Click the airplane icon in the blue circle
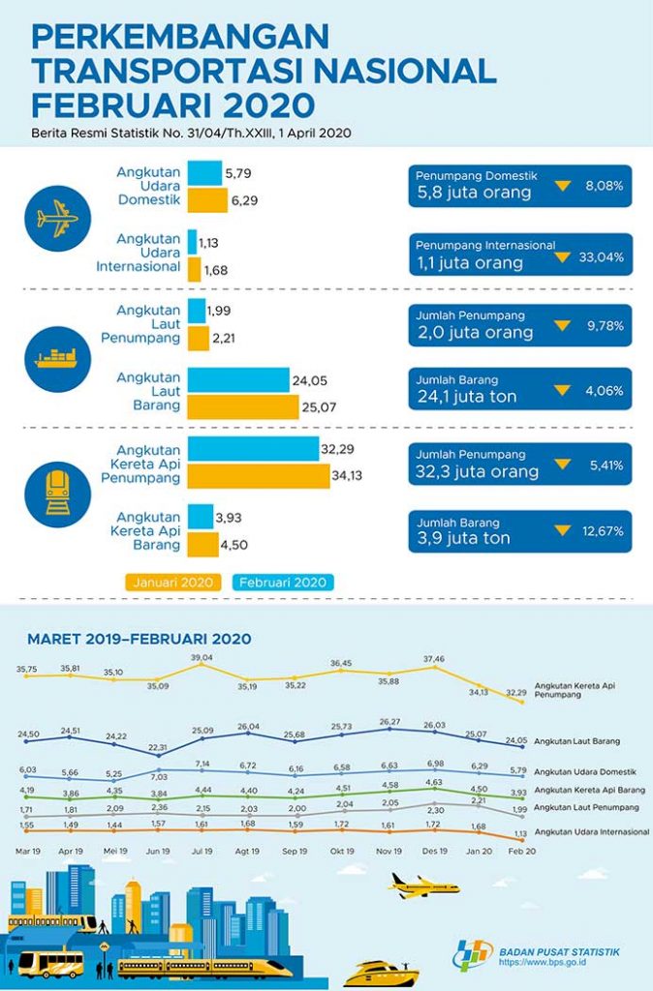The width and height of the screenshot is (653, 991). tap(57, 219)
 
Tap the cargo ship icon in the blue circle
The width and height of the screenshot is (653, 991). tap(57, 359)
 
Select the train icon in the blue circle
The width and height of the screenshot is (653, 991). tap(57, 494)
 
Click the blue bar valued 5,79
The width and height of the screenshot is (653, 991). tap(205, 172)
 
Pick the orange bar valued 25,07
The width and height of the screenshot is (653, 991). tap(243, 407)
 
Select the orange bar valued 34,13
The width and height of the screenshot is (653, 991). tap(259, 476)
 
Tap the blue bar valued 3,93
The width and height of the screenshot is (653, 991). tap(201, 517)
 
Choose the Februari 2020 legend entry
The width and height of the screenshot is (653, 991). tap(283, 582)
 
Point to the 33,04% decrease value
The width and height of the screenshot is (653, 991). tap(601, 257)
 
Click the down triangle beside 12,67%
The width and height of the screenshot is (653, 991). tap(562, 530)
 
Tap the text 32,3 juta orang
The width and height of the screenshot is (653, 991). tap(478, 471)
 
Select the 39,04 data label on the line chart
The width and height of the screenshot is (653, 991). tap(202, 657)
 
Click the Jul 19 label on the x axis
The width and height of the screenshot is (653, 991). tap(202, 852)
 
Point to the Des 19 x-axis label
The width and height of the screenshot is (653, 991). tap(435, 852)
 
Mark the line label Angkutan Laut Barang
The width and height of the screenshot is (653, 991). tap(577, 740)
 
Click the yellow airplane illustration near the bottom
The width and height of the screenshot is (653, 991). tap(422, 886)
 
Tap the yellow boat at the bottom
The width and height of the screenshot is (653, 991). tap(381, 974)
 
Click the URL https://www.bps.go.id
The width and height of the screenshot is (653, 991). tap(543, 963)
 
